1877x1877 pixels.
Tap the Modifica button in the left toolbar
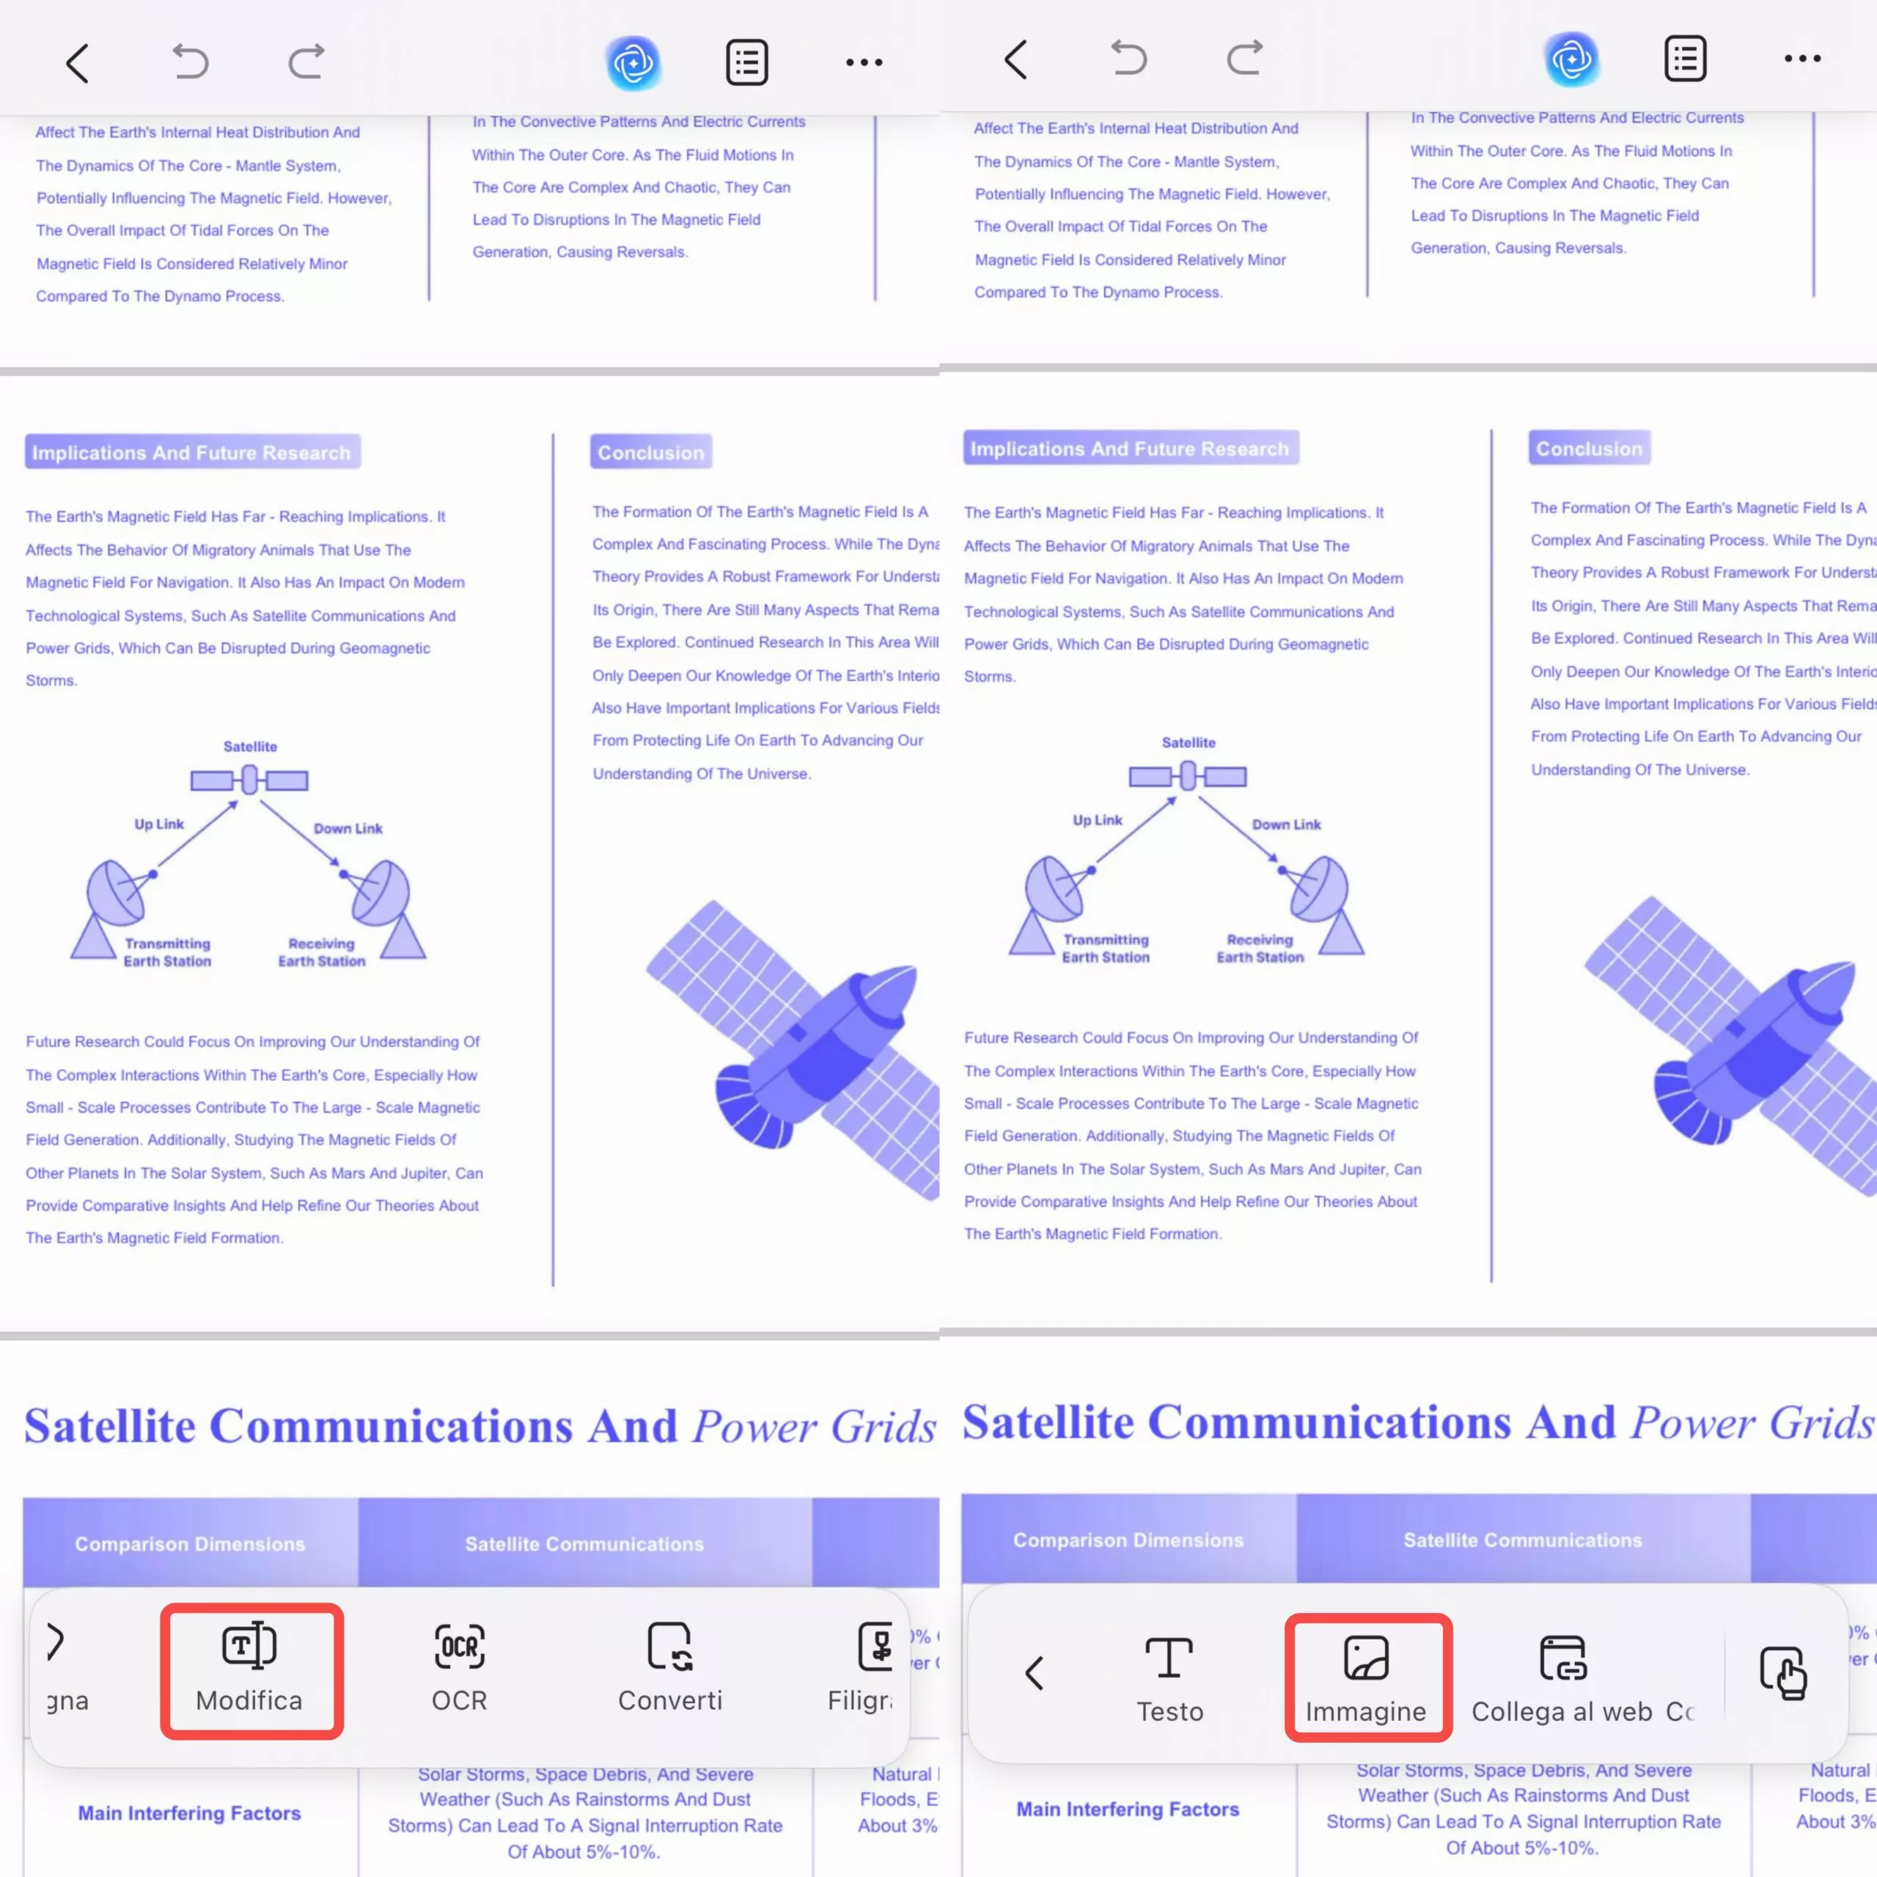coord(251,1670)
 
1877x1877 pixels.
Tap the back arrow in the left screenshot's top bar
coord(78,63)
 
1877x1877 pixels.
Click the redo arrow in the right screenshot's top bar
coord(1244,59)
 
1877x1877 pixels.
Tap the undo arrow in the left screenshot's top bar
coord(191,63)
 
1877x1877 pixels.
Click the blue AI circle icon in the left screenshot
coord(633,63)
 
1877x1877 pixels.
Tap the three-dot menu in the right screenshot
coord(1802,59)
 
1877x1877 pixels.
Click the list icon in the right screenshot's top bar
coord(1685,59)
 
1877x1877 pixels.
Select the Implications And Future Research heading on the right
coord(1130,449)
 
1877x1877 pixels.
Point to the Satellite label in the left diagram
coord(250,747)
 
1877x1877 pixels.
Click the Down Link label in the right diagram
coord(1286,825)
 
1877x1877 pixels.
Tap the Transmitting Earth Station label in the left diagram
coord(167,952)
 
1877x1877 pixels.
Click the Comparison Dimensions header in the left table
coord(191,1544)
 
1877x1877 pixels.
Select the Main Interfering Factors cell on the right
coord(1128,1809)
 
